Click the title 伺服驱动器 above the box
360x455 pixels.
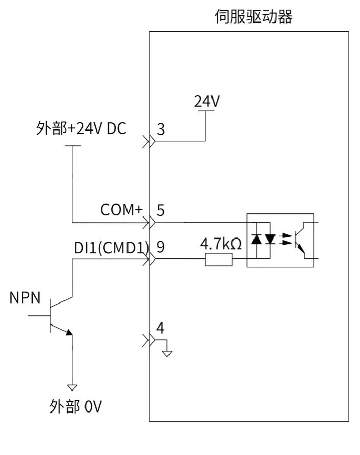253,16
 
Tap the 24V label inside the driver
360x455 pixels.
207,101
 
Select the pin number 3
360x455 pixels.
161,129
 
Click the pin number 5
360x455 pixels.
161,210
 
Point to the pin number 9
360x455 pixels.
161,247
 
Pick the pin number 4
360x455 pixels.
160,328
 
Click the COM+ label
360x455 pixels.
122,209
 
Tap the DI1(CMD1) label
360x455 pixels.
112,248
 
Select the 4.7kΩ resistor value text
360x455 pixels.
221,244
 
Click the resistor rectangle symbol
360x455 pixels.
219,259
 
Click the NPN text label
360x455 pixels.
25,298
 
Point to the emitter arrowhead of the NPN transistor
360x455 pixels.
69,332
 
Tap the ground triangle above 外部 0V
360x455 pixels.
72,387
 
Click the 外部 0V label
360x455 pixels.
75,406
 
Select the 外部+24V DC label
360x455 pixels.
81,128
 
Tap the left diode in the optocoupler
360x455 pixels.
257,240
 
